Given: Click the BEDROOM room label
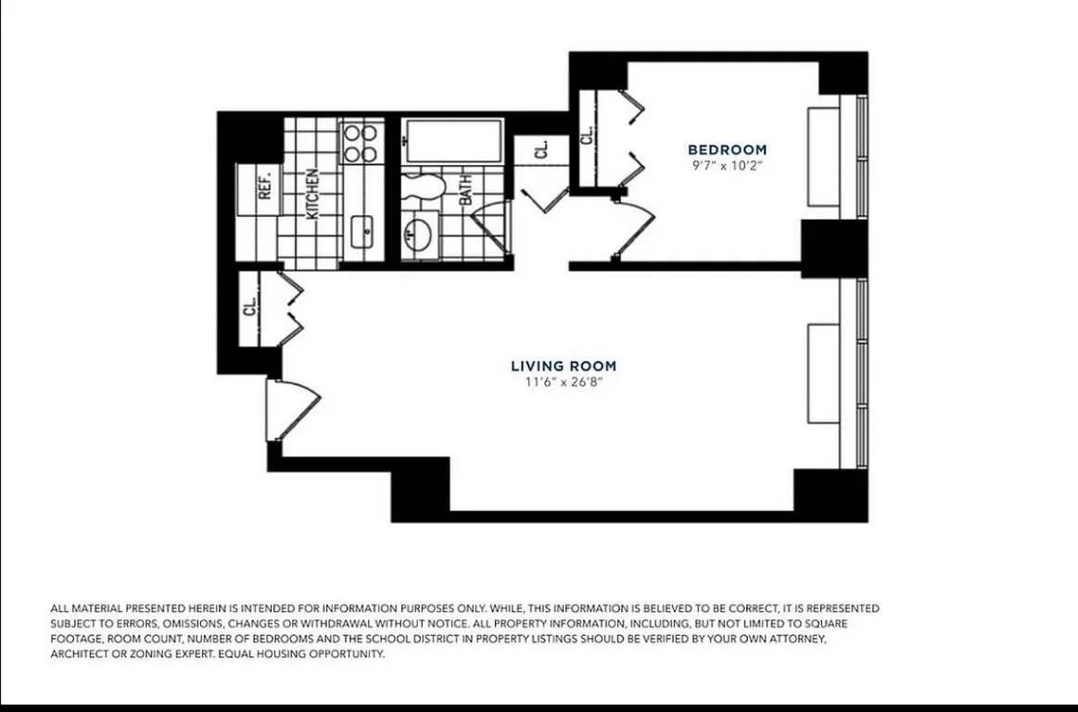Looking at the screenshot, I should coord(727,149).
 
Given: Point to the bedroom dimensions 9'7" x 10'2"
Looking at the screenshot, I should coord(727,166).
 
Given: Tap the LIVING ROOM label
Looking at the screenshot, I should coord(563,366).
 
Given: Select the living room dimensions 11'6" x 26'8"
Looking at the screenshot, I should coord(563,382).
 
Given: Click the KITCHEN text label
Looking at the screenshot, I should coord(313,193).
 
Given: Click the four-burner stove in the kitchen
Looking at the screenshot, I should coord(361,143).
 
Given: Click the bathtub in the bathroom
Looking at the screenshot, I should coord(454,141).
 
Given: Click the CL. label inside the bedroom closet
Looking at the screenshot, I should coord(587,135).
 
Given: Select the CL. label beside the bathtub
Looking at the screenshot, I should coord(542,148).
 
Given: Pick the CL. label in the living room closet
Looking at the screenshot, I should coord(249,307).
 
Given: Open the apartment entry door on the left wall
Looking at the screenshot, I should coord(289,409).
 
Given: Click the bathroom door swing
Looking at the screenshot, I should coord(491,228).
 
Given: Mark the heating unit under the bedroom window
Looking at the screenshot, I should coord(823,157).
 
